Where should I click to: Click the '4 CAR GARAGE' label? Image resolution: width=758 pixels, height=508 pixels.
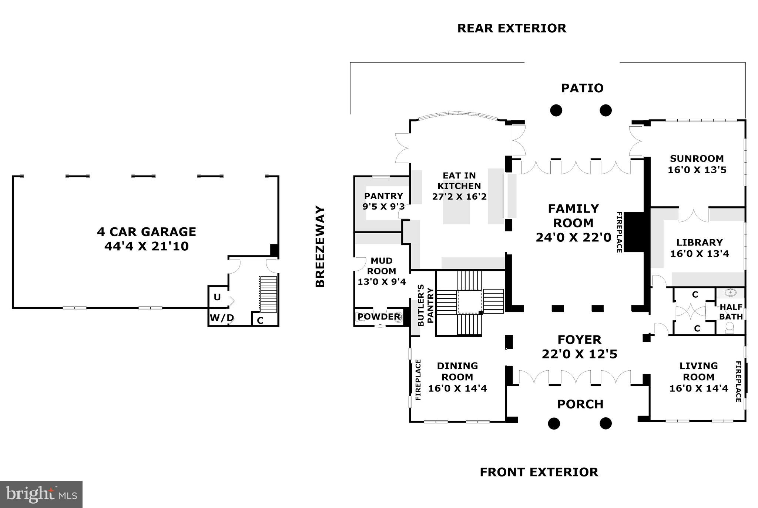click(147, 232)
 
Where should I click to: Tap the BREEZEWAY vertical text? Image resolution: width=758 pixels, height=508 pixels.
click(320, 246)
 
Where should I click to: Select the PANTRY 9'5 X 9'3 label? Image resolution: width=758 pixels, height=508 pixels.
click(383, 201)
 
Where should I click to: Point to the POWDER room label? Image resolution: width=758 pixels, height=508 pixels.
click(379, 317)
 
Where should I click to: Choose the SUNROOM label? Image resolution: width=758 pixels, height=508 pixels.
click(697, 158)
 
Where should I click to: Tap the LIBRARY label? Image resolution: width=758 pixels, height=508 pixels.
click(700, 243)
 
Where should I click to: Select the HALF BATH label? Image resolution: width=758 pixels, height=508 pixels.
click(731, 312)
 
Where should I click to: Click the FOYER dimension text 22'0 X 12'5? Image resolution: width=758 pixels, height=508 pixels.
click(580, 354)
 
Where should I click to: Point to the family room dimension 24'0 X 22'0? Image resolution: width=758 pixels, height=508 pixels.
click(573, 237)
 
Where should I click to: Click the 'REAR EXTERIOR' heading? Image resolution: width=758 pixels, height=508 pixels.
click(512, 28)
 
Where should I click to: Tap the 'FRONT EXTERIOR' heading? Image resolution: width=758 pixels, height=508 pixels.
click(539, 472)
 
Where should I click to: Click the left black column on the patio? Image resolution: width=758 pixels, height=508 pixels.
click(556, 110)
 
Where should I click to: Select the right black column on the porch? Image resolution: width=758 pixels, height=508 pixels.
click(606, 423)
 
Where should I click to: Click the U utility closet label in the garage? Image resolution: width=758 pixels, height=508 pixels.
click(217, 297)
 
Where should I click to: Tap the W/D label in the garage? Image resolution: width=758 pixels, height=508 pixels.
click(222, 318)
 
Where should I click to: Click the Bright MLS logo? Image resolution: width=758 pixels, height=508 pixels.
click(41, 495)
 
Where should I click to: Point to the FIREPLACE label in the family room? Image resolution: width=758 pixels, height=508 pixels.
click(619, 232)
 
